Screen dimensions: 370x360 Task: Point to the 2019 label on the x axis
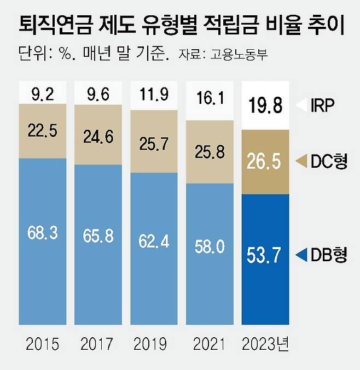pyautogui.click(x=154, y=344)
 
